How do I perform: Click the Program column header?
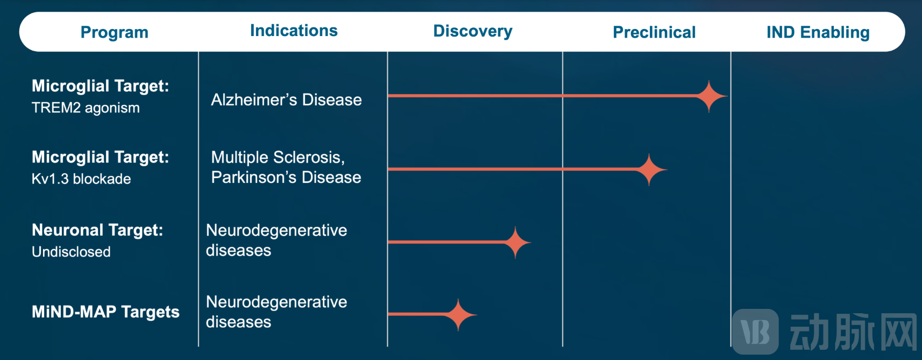[x=115, y=32]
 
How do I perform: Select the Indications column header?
[x=294, y=31]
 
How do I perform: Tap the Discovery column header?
[x=472, y=31]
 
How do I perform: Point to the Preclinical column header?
[x=654, y=32]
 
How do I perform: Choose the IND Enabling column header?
[x=818, y=32]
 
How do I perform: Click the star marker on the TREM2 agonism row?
[x=709, y=96]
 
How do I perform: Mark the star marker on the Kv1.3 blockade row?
[x=649, y=170]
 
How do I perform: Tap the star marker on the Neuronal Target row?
[x=515, y=242]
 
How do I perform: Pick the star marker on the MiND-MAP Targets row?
[x=458, y=315]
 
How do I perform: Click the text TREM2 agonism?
[x=86, y=108]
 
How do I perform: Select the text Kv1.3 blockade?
[x=81, y=179]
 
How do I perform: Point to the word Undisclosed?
[x=71, y=252]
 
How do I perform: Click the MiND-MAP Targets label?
[x=105, y=312]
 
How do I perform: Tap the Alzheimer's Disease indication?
[x=287, y=100]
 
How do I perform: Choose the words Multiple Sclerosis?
[x=278, y=157]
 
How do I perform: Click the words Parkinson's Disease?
[x=286, y=177]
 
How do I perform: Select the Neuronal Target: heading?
[x=97, y=230]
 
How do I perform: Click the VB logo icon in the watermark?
[x=755, y=331]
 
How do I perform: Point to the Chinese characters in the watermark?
[x=853, y=331]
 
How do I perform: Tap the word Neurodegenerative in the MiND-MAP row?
[x=276, y=302]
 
